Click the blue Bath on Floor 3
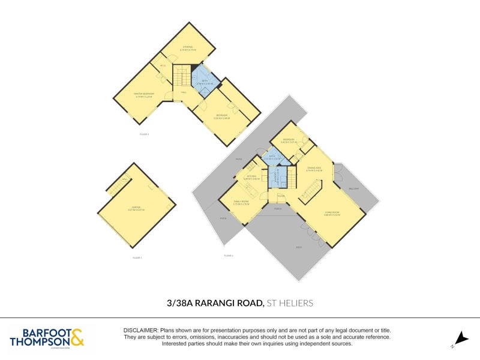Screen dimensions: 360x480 (x=205, y=83)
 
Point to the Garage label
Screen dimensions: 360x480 (x=136, y=208)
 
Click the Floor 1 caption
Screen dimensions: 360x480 (x=137, y=257)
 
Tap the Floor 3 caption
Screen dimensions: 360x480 (x=144, y=134)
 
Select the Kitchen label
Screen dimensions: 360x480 (x=251, y=178)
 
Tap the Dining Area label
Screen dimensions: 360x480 (x=314, y=169)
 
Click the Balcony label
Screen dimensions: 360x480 (x=355, y=188)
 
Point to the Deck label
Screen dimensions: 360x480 (x=299, y=247)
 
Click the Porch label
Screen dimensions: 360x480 (x=278, y=209)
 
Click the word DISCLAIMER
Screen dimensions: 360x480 (x=140, y=331)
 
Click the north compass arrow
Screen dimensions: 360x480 (x=460, y=337)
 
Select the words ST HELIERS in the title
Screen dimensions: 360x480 (x=290, y=304)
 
